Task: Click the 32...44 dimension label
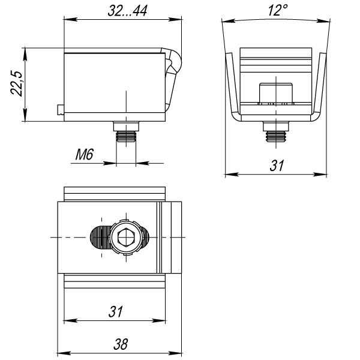[x=127, y=11]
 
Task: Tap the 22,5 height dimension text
[x=17, y=83]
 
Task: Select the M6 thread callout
[x=85, y=154]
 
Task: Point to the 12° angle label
[x=278, y=10]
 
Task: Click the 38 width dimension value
[x=121, y=344]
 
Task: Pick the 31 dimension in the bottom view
[x=116, y=311]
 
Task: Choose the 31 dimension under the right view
[x=277, y=166]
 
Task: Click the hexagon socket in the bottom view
[x=126, y=238]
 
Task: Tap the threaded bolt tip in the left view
[x=126, y=137]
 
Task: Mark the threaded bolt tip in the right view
[x=276, y=137]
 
